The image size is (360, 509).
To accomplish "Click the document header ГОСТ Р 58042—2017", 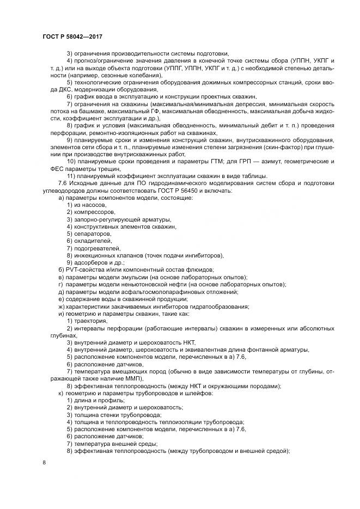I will click(72, 36).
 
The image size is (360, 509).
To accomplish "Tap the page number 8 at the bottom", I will click(44, 462).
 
